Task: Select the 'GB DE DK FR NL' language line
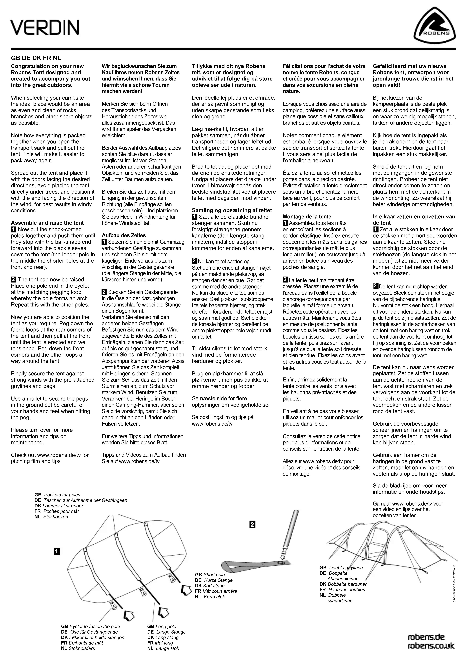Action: [x=36, y=58]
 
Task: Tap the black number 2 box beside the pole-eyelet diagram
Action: [x=252, y=525]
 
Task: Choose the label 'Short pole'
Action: [x=214, y=575]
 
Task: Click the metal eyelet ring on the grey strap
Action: [x=281, y=563]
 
